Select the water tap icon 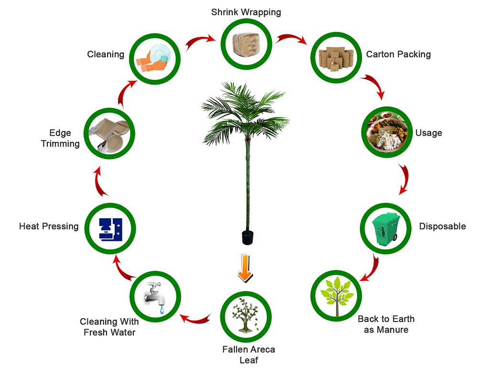(154, 296)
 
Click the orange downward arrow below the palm (244, 268)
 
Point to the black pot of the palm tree (247, 237)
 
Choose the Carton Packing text (398, 54)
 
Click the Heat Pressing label (49, 226)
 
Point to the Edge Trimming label (60, 138)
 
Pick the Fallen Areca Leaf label (249, 355)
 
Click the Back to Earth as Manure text (386, 324)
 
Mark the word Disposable (442, 226)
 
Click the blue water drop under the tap (162, 311)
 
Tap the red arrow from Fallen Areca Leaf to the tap (196, 317)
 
